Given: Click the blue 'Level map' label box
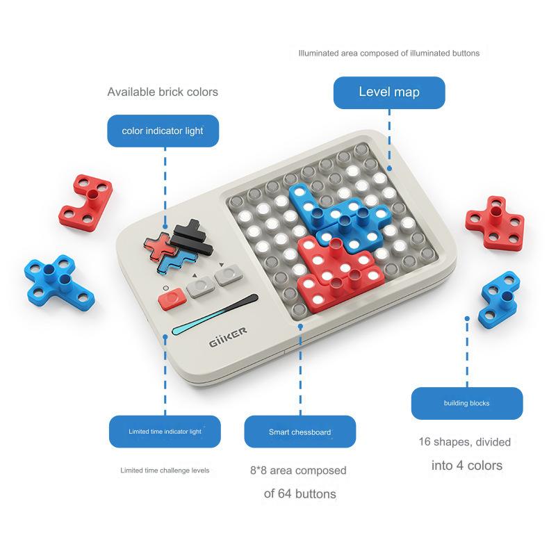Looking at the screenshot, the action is coord(389,92).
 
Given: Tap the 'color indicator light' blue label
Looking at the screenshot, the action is coord(163,131).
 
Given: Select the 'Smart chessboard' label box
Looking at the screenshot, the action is coord(300,432).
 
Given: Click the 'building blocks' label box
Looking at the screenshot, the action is coord(467,403).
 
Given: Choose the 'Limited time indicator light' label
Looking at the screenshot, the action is coord(165,432).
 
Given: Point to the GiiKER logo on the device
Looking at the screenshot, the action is coord(228,337).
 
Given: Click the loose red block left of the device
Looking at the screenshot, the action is coord(85,203).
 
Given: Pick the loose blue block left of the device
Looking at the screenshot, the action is coord(59,283).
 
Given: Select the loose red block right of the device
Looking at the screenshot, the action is coord(495,222).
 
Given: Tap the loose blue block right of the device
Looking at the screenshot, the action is coord(499,300).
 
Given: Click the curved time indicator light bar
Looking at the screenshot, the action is coord(215,314).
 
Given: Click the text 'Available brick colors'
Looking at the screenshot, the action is coord(163,92).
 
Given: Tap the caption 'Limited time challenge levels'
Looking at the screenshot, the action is coord(165,471).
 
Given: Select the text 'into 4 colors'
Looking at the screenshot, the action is coord(467,466).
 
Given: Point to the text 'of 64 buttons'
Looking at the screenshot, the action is coord(300,493).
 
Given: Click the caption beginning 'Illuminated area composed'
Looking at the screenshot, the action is coord(388,54).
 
